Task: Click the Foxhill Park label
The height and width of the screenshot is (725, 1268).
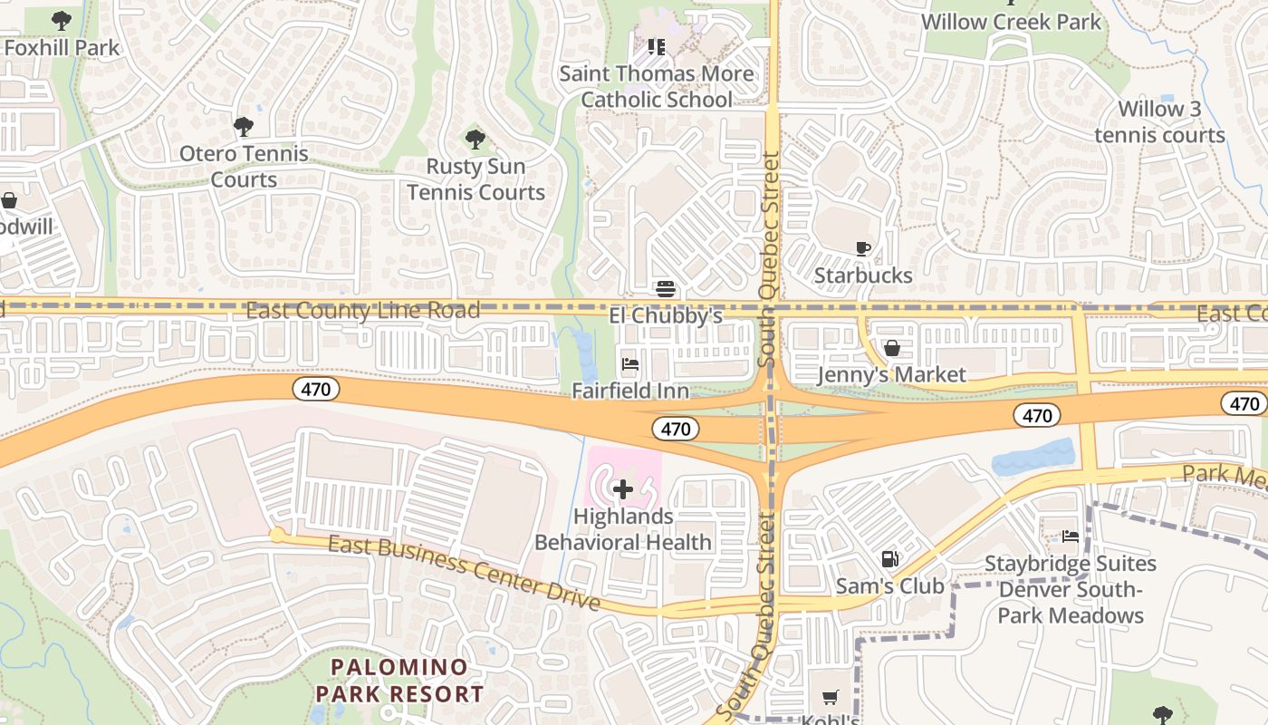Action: pos(62,47)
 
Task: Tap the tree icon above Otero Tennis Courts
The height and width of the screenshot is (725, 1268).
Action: pos(243,127)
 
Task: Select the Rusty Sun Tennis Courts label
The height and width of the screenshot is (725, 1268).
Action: pos(475,179)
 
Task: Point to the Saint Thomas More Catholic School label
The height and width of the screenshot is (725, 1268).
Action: pos(657,86)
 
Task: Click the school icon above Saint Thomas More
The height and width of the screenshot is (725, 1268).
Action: pos(657,46)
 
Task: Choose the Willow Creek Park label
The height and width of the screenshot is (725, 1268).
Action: pos(1011,22)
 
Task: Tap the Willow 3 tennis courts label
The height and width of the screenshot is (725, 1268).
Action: pos(1159,122)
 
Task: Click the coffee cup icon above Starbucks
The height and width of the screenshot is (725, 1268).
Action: pos(863,248)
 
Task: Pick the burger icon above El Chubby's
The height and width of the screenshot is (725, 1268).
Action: pos(666,289)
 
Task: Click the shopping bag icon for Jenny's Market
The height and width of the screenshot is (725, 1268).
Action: pos(892,348)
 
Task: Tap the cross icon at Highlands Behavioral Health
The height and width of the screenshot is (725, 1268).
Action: pos(623,490)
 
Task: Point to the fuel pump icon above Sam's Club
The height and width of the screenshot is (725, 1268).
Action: pos(890,559)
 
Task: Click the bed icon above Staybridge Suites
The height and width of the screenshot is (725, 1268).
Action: pos(1071,536)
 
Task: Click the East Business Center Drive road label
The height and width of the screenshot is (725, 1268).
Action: pos(464,571)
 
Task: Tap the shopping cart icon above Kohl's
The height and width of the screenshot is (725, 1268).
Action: pos(830,697)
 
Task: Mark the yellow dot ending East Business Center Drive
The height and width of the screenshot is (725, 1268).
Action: pos(277,536)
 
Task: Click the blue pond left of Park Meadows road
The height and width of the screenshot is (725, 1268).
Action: pos(1034,459)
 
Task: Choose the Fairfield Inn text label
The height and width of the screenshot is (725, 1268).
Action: pos(630,391)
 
